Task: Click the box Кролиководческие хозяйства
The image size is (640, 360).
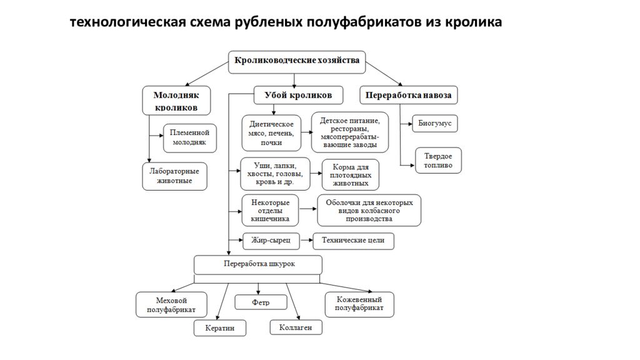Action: [x=297, y=61]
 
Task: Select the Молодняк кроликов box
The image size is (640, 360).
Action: [x=176, y=101]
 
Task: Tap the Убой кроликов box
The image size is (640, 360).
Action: [x=298, y=95]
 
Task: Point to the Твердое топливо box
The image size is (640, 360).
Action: [x=438, y=161]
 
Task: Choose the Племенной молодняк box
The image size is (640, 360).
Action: [x=190, y=137]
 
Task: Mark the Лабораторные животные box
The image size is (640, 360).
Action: [x=174, y=176]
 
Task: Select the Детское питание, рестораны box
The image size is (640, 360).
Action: [x=349, y=132]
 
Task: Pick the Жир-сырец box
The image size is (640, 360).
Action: [x=271, y=240]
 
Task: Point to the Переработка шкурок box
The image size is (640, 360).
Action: [x=259, y=264]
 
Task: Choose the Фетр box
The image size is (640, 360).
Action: [x=261, y=302]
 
